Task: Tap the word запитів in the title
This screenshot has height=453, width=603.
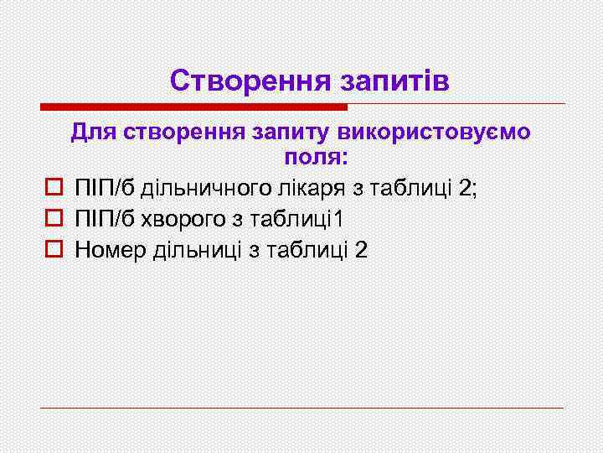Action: click(x=394, y=81)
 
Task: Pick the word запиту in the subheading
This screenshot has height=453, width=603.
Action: click(x=287, y=133)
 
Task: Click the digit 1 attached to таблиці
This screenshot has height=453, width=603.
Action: click(x=339, y=219)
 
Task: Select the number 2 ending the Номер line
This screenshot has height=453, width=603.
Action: click(x=361, y=250)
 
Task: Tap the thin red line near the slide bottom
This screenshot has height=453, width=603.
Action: click(x=301, y=409)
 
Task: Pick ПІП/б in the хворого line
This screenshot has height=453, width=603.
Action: click(x=105, y=219)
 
